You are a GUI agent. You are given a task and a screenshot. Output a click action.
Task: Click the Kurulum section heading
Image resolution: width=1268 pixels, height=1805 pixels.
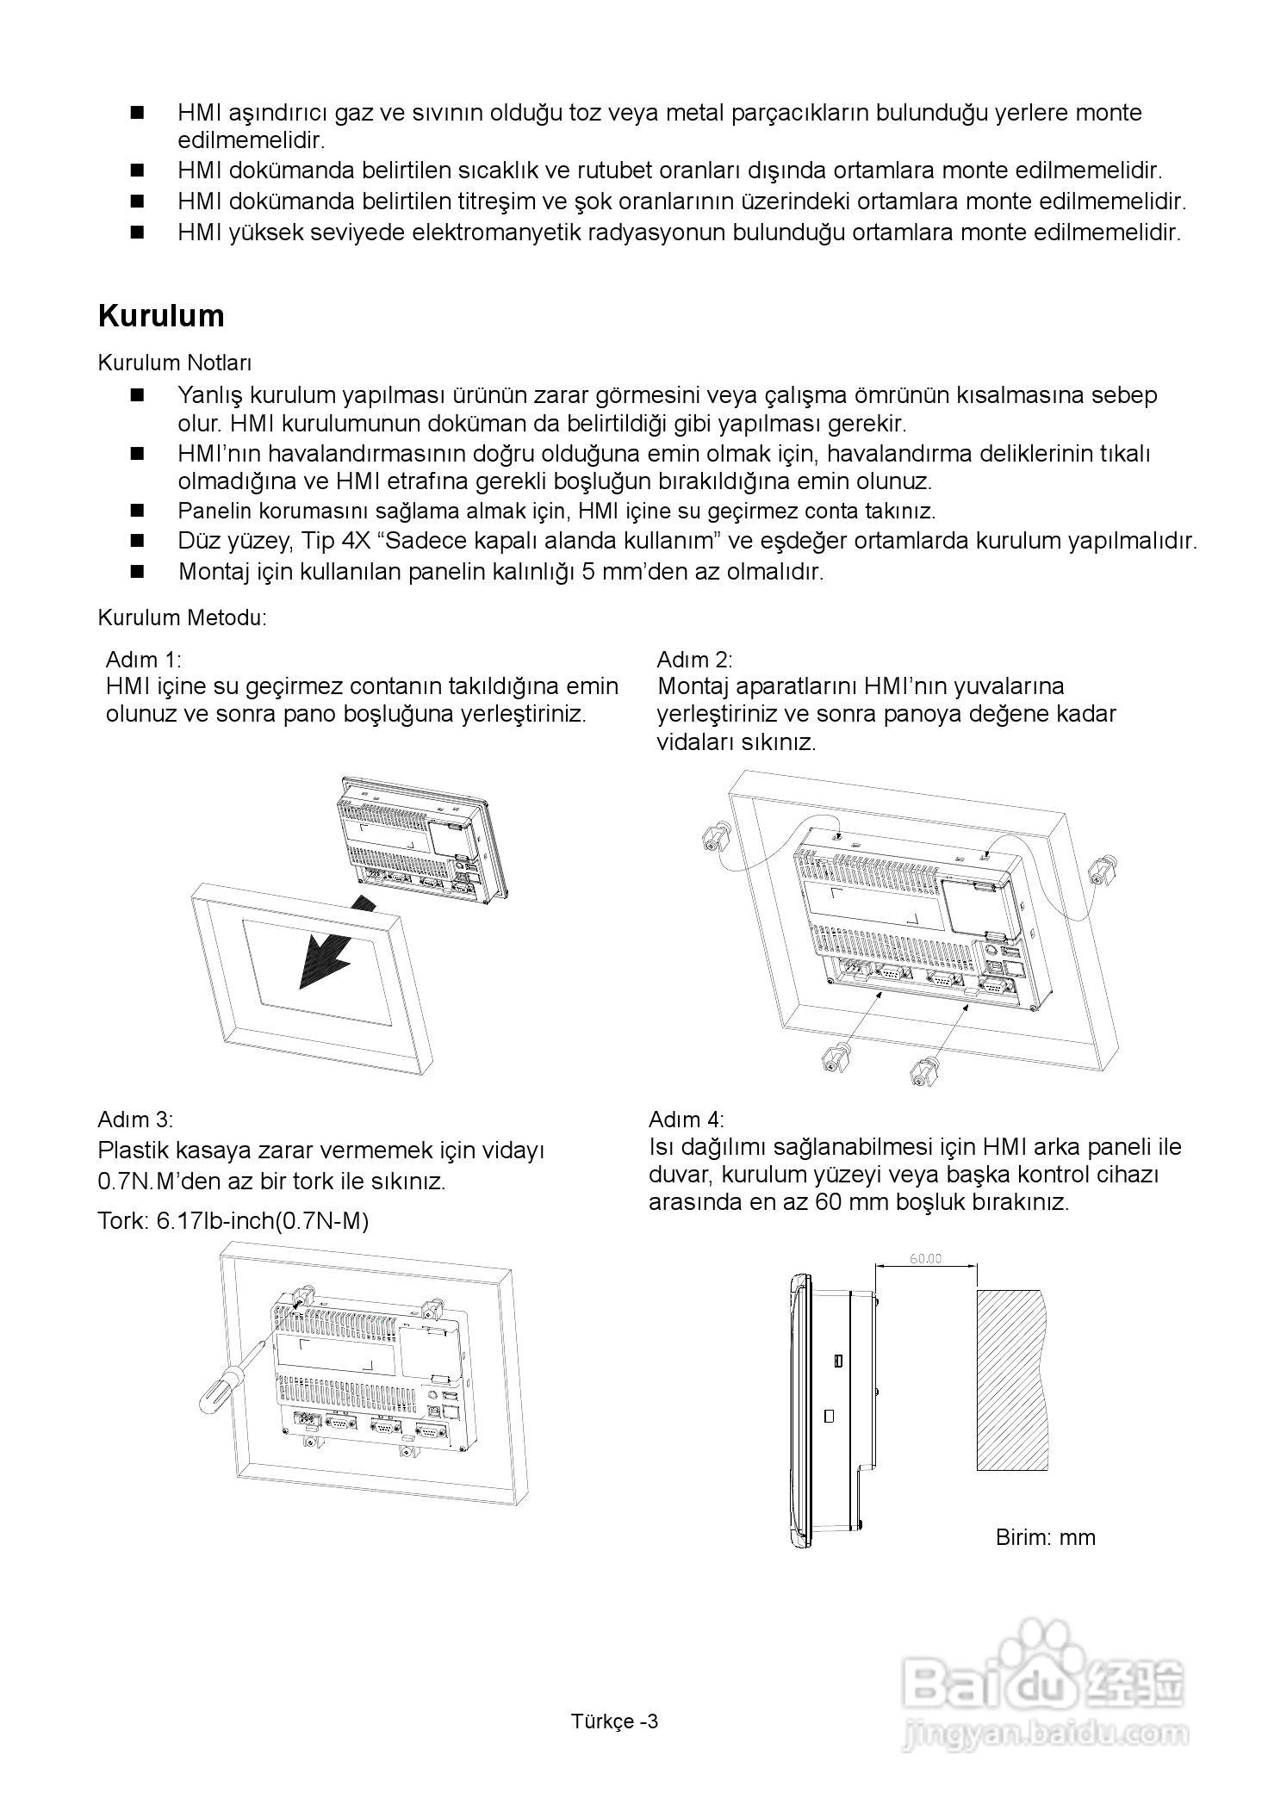pos(161,316)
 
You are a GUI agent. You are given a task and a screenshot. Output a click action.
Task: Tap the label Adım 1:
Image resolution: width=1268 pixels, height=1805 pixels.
pos(143,660)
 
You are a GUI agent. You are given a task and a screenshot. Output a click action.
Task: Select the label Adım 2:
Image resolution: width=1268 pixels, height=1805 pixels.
pos(694,660)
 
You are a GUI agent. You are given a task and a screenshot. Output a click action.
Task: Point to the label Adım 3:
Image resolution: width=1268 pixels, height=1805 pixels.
pos(135,1120)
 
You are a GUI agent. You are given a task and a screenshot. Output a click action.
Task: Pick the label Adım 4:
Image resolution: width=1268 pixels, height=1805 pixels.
pos(687,1120)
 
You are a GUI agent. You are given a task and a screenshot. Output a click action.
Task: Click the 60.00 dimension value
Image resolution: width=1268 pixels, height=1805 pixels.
pos(926,1258)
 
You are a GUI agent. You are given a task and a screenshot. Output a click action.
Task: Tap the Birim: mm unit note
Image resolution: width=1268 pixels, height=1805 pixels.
pos(1045,1537)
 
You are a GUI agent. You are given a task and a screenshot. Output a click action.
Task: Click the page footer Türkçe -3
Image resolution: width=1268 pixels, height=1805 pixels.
pos(614,1721)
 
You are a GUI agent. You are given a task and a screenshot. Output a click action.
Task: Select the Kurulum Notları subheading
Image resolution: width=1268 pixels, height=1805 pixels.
pos(175,363)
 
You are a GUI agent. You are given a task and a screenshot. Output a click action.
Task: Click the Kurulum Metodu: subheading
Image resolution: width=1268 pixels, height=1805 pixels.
pos(183,617)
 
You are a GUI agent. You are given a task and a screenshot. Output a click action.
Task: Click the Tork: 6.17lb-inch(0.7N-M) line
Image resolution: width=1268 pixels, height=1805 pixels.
pos(233,1221)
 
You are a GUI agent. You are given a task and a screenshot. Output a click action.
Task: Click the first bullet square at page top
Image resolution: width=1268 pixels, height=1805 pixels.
pos(136,113)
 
